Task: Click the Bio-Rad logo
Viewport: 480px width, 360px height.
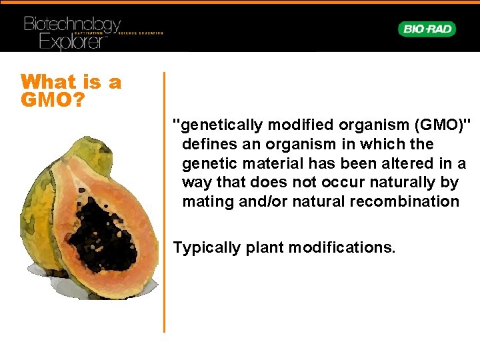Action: (427, 29)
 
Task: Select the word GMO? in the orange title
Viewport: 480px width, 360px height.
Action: (52, 101)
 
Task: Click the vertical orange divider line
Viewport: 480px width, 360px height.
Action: (164, 200)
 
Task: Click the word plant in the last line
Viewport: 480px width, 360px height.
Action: (263, 248)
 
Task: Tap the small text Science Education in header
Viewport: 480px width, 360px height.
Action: (141, 33)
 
